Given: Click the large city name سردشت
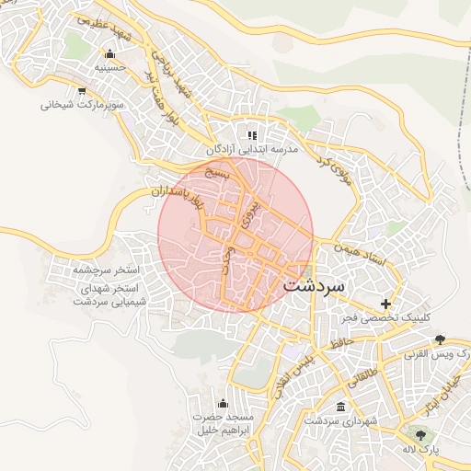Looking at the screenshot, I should pos(315,285).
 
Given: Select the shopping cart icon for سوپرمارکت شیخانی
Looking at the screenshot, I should pos(82,90).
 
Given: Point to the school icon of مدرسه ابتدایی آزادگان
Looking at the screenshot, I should pos(251,135).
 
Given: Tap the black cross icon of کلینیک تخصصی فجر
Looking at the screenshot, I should pos(385,304).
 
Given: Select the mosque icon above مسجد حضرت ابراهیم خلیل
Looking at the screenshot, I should pos(222,403).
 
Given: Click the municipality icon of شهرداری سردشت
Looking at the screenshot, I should pos(341,407).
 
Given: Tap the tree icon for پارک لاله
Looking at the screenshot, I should pos(421,434).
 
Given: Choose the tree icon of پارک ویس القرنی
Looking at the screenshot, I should pos(440,339).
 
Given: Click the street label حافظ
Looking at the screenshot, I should pos(344,342).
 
